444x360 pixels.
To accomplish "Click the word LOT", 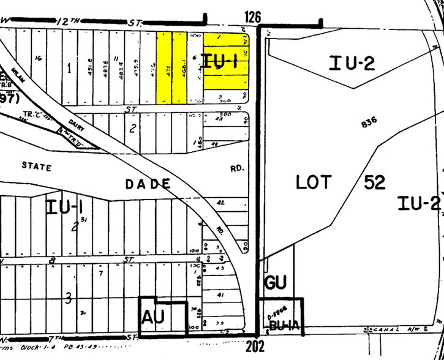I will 314,182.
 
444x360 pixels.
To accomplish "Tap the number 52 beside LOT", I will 379,182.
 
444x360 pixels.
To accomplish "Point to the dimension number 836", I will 369,121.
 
